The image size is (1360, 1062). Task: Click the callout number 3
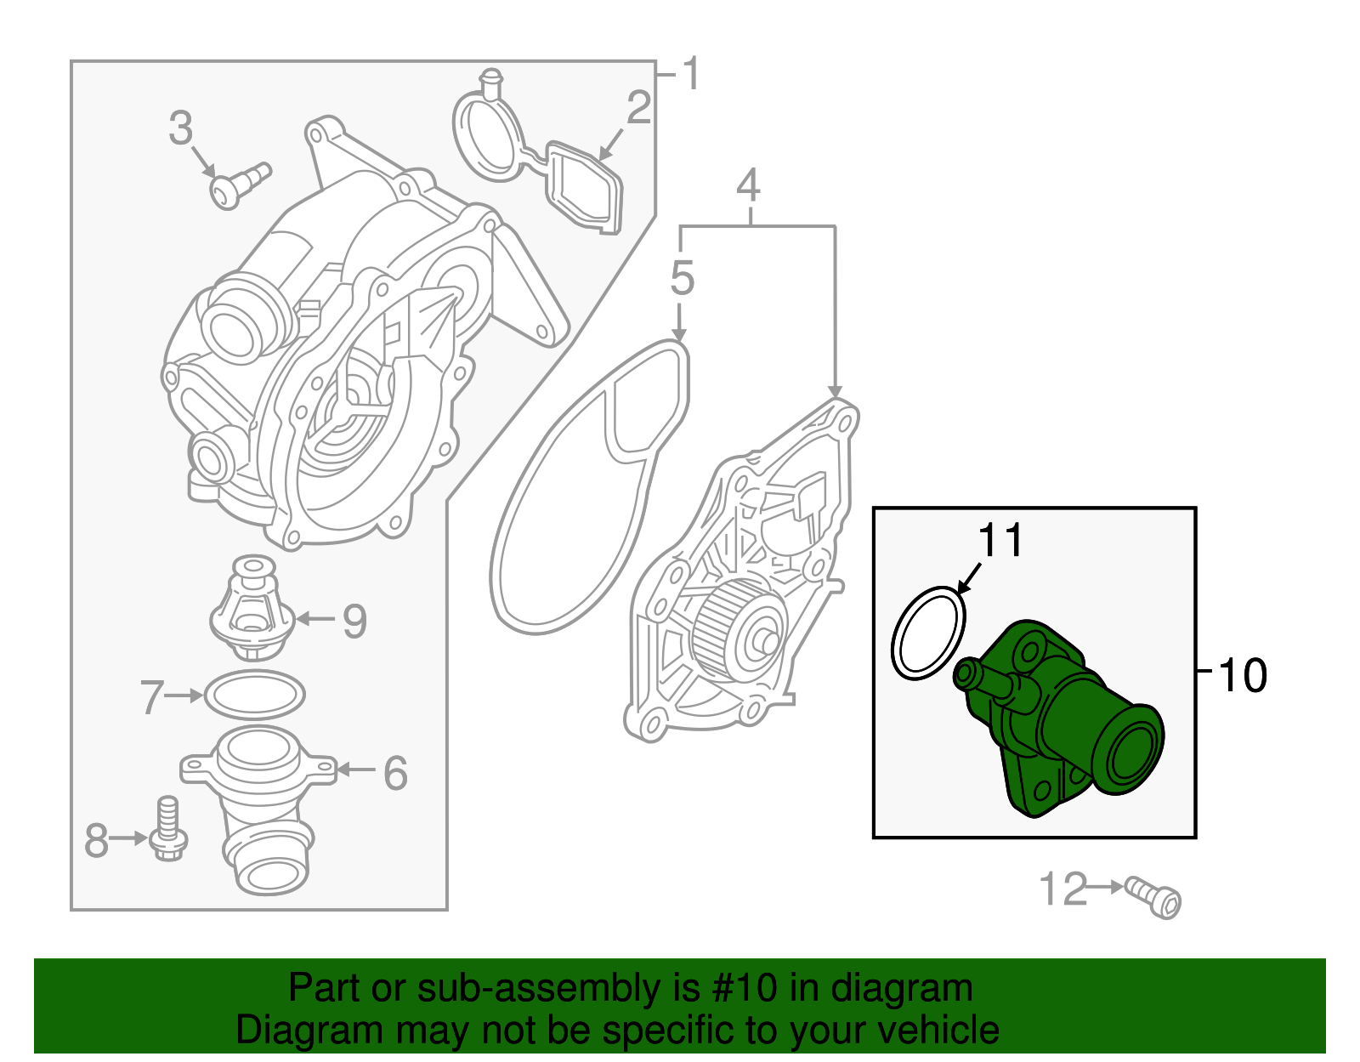pos(180,128)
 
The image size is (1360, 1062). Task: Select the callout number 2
pos(638,109)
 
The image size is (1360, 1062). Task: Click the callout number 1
pos(692,74)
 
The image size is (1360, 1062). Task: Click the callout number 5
pos(682,278)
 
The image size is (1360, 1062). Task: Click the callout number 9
pos(354,621)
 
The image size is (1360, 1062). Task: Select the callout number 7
pos(151,697)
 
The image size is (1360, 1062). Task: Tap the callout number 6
pos(395,773)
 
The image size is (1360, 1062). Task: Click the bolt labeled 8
pos(167,828)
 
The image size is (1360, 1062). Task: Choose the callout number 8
pos(96,840)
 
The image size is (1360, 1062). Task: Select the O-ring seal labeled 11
pos(928,633)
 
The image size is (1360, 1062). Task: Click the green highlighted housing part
pos(1062,723)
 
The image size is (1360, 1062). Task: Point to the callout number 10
pos(1242,676)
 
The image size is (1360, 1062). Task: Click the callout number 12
pos(1062,889)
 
